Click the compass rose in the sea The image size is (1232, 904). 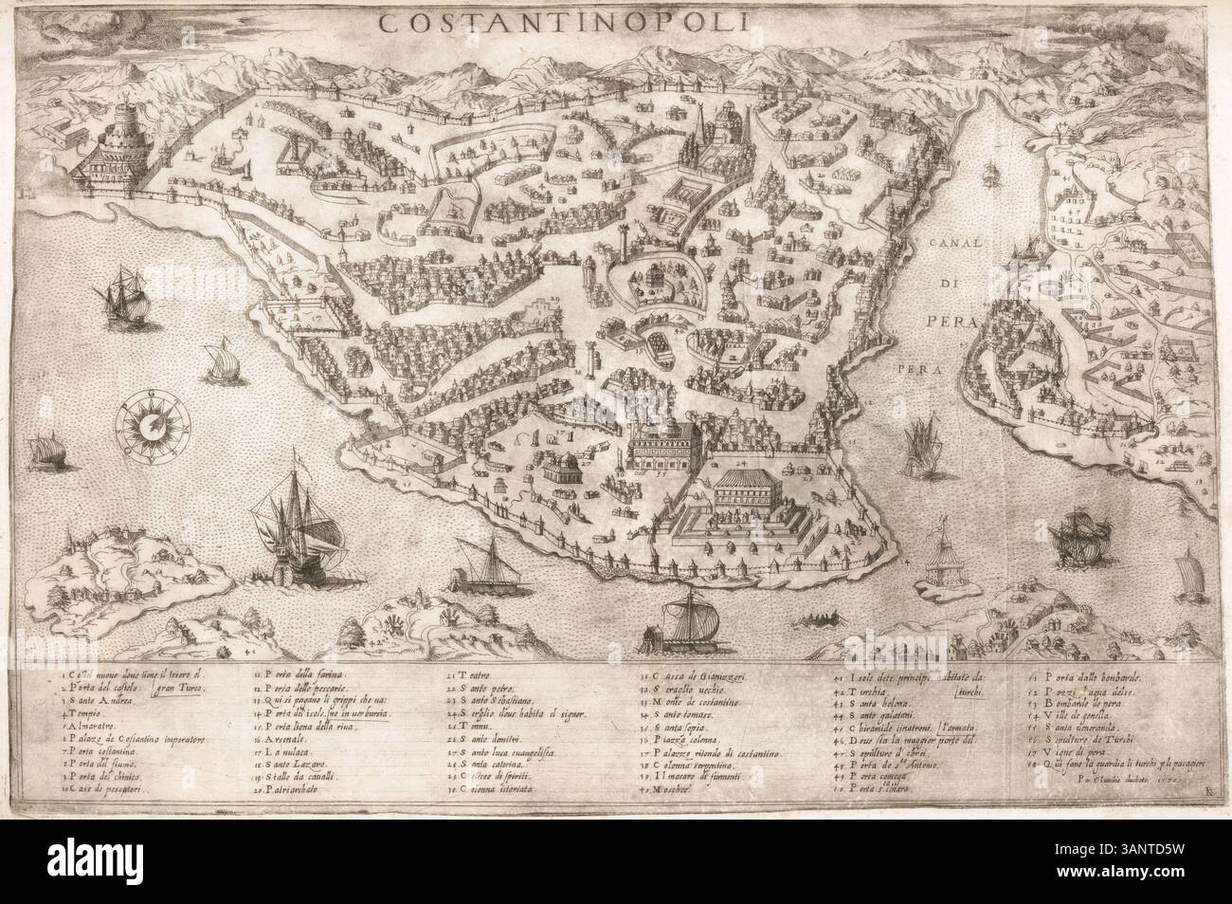click(152, 423)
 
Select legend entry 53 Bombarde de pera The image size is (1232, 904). click(1062, 703)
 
